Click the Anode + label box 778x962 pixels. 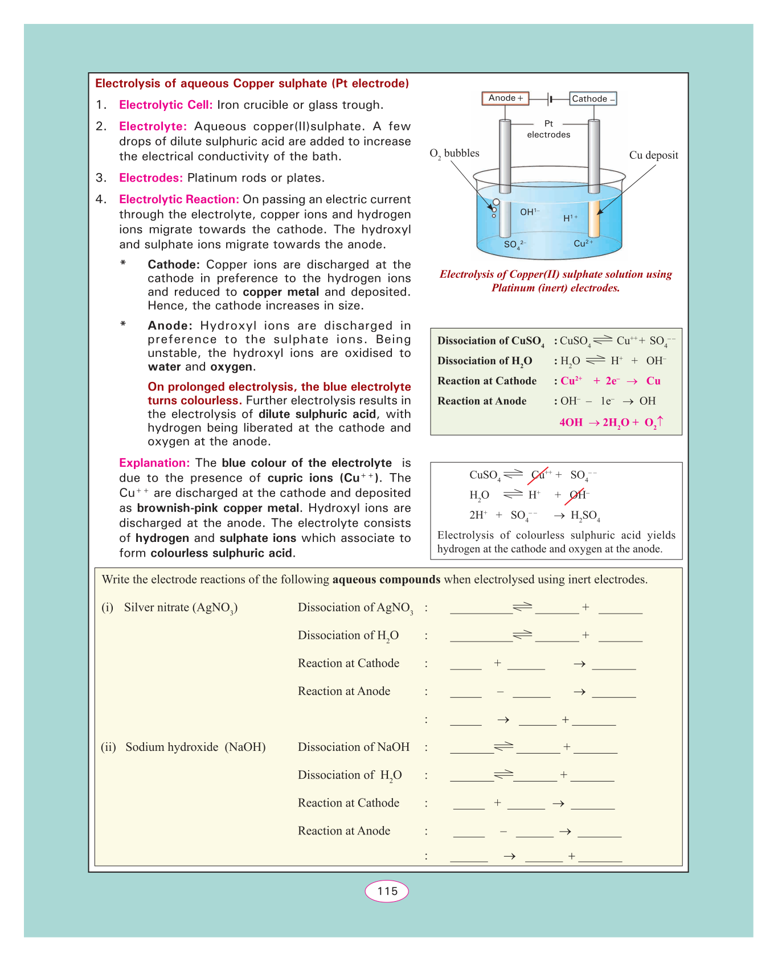tap(505, 98)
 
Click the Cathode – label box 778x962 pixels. tap(593, 99)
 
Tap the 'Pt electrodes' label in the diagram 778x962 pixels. tap(548, 129)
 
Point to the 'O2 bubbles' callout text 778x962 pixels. tap(454, 153)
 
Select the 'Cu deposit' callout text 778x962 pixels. tap(653, 155)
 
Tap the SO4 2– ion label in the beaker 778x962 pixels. tap(514, 245)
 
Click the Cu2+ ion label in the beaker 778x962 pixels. tap(583, 244)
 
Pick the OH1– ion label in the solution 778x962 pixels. tap(529, 212)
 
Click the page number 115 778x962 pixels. tap(387, 891)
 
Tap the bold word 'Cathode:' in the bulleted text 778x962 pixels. tap(174, 265)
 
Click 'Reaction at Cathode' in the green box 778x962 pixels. tap(487, 381)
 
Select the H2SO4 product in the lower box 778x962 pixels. tap(585, 516)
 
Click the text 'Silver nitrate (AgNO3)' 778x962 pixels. tap(181, 607)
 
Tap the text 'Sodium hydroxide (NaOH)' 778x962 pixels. tap(195, 747)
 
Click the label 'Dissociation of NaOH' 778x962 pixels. tap(354, 747)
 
